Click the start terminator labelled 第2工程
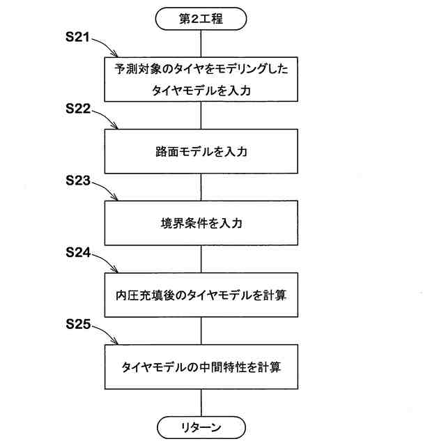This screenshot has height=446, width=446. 201,19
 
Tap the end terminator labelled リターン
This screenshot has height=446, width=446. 201,426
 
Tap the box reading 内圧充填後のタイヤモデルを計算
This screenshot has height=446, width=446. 201,295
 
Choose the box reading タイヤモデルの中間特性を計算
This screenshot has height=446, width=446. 201,367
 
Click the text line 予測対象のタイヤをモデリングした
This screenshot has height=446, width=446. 201,69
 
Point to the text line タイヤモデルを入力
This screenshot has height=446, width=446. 201,91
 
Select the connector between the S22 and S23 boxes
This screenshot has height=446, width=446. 201,187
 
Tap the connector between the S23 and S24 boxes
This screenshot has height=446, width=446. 201,259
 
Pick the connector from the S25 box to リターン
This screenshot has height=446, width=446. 201,402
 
